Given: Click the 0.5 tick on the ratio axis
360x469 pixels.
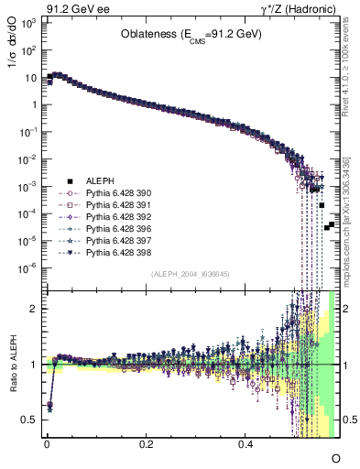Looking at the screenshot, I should tap(28, 420).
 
